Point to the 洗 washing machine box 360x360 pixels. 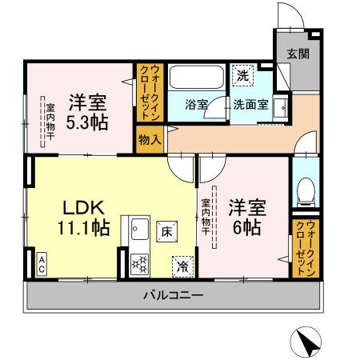(x=242, y=76)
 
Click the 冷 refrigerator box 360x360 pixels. (x=182, y=265)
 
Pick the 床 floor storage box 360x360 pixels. (x=168, y=229)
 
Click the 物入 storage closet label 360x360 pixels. (x=150, y=139)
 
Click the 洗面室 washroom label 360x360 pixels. (x=250, y=104)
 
